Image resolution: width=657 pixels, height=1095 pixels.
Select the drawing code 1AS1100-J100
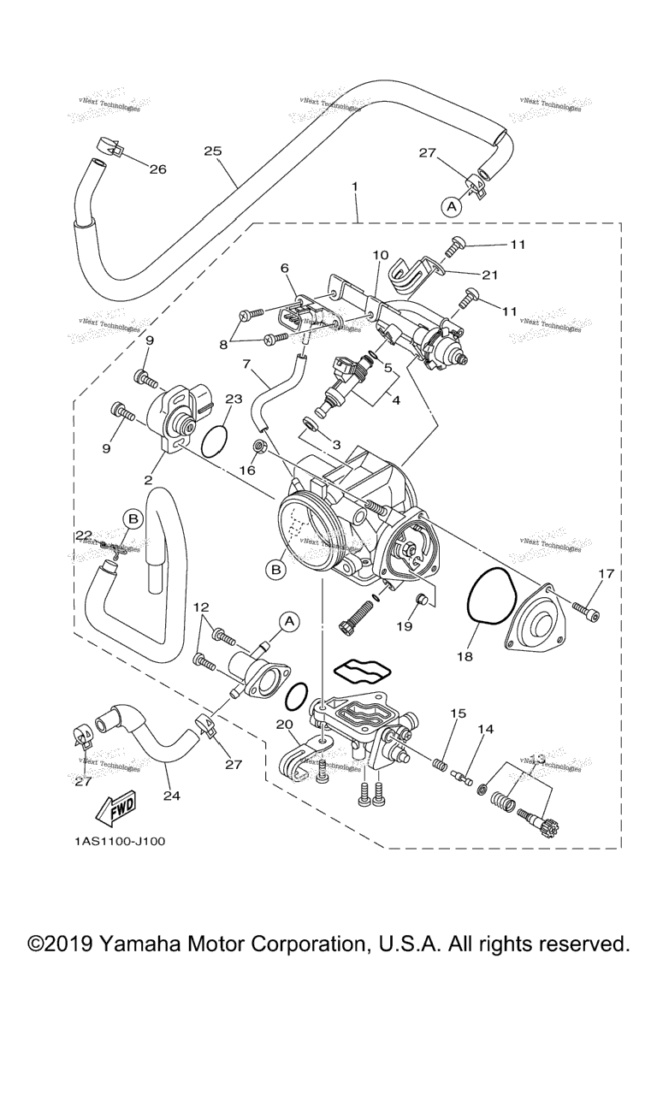click(120, 842)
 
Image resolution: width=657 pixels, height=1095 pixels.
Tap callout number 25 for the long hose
click(213, 151)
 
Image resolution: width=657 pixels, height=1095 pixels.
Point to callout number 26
click(157, 169)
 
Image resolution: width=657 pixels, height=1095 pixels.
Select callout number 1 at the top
click(353, 186)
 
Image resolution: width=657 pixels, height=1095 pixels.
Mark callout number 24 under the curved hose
click(172, 795)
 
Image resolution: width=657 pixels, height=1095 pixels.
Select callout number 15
click(459, 713)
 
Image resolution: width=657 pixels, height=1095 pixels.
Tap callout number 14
click(486, 730)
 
